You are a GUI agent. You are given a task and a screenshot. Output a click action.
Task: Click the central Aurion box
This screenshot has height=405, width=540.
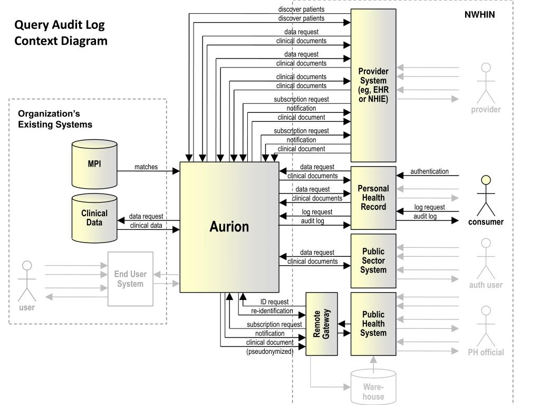229,227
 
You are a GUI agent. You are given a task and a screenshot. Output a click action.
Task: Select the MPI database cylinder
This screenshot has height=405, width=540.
94,164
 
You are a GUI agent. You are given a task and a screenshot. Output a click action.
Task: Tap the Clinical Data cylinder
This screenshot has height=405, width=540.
94,218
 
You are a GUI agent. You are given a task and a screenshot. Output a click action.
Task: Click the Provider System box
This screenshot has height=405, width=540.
373,85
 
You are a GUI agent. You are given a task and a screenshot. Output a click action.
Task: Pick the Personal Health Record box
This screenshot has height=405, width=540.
373,198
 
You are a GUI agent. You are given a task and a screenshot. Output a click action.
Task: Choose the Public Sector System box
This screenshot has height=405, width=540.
373,261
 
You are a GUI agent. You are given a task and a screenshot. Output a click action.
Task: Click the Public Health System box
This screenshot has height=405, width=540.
373,324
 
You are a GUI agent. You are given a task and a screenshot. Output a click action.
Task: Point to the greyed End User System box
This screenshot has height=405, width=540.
130,279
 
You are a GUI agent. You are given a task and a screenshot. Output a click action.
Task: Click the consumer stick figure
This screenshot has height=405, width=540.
486,195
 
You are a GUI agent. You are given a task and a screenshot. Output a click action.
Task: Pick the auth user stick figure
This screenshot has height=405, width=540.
486,258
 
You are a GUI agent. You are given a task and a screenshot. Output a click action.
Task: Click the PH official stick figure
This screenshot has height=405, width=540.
486,326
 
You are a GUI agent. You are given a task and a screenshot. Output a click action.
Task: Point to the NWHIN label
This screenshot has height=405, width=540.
479,15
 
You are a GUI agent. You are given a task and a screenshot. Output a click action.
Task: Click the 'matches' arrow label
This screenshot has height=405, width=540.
146,167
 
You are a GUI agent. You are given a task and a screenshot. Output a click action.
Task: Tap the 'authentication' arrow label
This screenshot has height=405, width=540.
429,171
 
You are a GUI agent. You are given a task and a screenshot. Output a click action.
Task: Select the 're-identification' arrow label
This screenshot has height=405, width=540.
272,311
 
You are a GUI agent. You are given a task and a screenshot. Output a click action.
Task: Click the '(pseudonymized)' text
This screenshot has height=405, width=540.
269,352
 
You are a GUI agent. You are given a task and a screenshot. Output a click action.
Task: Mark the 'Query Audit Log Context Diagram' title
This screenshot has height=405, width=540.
61,33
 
